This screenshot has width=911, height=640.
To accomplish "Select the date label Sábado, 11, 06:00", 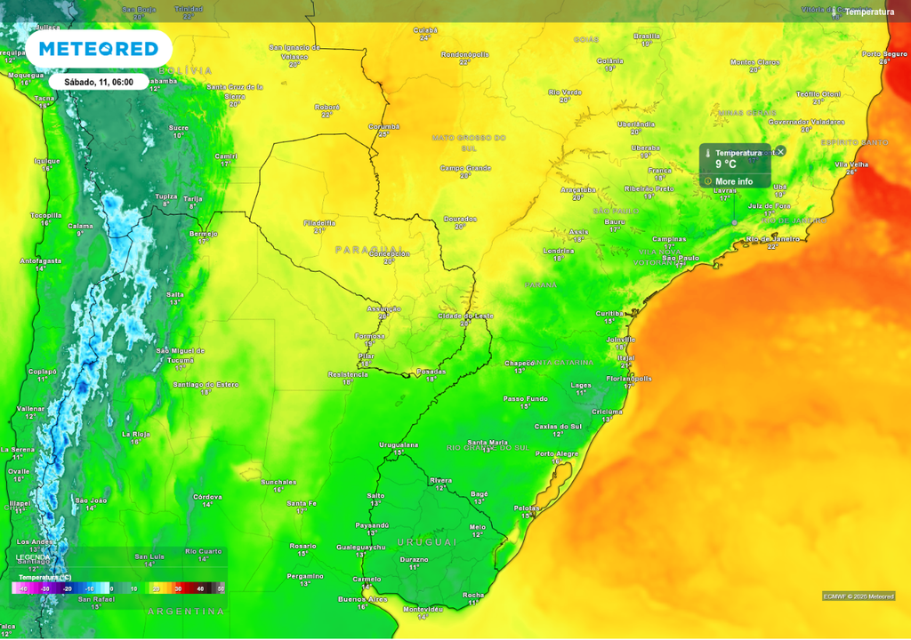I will (98, 81).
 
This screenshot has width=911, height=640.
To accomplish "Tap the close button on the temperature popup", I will (780, 151).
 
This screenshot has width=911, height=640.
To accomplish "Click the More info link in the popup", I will (733, 181).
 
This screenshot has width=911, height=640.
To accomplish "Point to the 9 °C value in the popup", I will (726, 164).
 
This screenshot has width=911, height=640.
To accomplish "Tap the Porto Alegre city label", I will (557, 453).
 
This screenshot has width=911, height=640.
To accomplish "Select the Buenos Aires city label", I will (363, 599).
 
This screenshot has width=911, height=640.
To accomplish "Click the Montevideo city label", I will (423, 609).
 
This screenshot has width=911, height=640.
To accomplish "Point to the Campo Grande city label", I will (465, 167).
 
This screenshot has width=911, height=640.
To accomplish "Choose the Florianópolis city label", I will (629, 379).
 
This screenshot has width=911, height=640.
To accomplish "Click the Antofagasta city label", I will (41, 260).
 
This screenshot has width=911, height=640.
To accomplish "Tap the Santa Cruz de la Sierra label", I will (235, 91).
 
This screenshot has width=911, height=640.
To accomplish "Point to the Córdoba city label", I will (207, 496).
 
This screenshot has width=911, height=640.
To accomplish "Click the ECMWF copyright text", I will (858, 596).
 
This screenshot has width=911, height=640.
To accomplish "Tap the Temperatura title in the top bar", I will (869, 12).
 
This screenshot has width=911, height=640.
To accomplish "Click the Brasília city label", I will (647, 36).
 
